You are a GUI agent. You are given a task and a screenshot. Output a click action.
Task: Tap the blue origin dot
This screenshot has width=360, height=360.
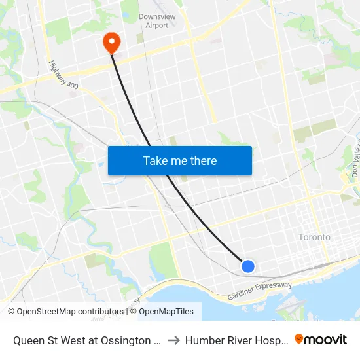pos(248,266)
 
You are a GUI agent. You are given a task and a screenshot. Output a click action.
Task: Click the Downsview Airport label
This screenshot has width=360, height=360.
pos(153,21)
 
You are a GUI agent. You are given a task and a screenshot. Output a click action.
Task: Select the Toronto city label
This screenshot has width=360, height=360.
pos(314,237)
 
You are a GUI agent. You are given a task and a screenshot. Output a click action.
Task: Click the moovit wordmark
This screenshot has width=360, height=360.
pos(325,339)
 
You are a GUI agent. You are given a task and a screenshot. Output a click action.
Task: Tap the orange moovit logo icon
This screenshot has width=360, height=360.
pos(299,339)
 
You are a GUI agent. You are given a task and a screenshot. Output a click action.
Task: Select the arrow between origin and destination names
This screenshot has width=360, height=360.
pos(174,340)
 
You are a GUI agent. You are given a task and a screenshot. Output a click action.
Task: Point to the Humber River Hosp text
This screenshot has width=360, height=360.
pos(235,340)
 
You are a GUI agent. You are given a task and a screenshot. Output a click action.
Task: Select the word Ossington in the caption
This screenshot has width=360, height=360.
pos(135,340)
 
